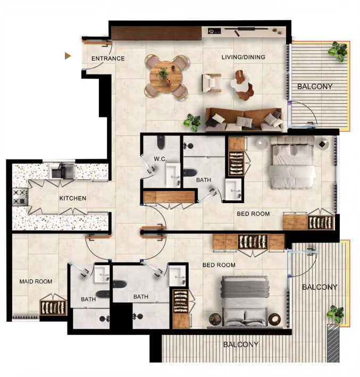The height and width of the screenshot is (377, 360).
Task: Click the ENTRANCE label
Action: tap(108, 58)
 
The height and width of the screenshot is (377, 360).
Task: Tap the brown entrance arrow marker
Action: tap(68, 56)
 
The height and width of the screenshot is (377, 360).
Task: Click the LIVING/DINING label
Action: tap(244, 57)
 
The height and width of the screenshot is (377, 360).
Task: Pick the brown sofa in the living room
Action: tap(244, 120)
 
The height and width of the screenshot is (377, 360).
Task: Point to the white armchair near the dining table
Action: tap(212, 83)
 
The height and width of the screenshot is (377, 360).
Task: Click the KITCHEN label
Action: tap(73, 198)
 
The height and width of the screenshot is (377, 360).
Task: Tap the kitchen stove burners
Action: tap(20, 197)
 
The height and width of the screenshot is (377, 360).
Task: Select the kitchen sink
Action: tap(62, 171)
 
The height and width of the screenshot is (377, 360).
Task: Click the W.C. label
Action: tap(160, 159)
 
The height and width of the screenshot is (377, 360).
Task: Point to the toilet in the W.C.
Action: tap(161, 142)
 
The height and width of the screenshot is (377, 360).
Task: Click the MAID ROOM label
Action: tap(36, 281)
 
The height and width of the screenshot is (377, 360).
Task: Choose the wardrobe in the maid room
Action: tap(53, 308)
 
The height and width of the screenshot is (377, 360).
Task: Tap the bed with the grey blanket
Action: tap(245, 301)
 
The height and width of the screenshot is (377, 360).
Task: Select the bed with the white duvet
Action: tap(292, 163)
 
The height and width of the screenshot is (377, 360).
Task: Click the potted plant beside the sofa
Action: tap(192, 122)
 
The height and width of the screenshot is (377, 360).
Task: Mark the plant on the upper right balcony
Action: tap(338, 51)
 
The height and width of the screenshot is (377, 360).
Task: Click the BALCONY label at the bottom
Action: tap(241, 345)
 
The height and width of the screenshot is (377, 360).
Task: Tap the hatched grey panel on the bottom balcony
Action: tap(333, 343)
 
